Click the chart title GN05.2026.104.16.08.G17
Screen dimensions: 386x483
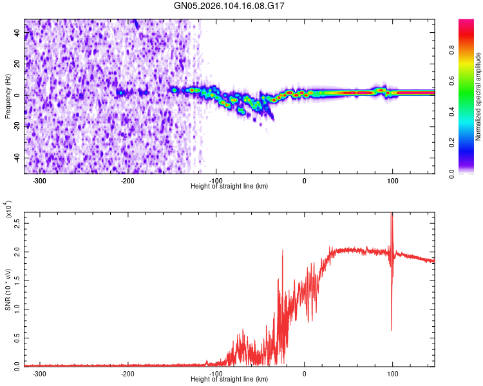click(x=230, y=6)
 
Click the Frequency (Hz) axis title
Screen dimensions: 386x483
click(x=7, y=96)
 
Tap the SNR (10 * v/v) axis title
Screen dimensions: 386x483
click(x=7, y=289)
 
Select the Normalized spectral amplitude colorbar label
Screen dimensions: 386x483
click(x=478, y=96)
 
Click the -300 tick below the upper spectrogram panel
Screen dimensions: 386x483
click(x=40, y=181)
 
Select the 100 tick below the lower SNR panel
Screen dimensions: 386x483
click(x=392, y=374)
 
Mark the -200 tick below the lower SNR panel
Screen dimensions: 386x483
click(x=128, y=374)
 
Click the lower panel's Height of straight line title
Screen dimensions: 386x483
click(x=230, y=380)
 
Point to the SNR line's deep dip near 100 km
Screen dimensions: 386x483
click(x=392, y=329)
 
